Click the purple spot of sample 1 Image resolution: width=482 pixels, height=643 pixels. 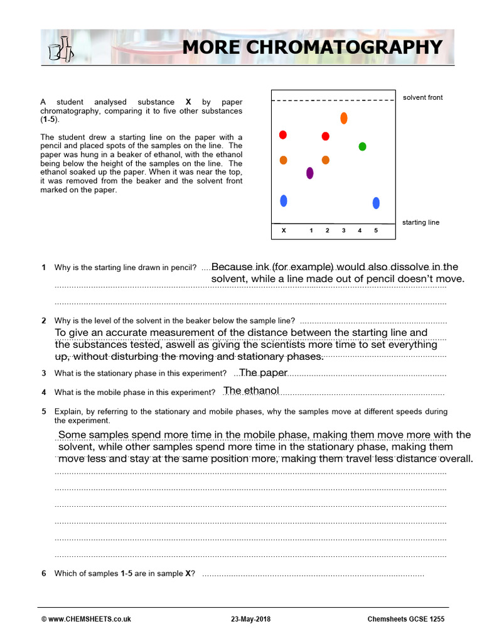(x=309, y=173)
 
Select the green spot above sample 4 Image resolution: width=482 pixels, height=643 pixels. (x=362, y=146)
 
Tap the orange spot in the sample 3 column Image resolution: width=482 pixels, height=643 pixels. (x=344, y=118)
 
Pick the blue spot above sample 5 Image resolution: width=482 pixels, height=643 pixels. (x=376, y=203)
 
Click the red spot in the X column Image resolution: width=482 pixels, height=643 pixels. (x=283, y=135)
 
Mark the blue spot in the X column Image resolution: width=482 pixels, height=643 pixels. (x=284, y=201)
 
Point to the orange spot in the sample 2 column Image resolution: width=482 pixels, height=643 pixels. (x=325, y=160)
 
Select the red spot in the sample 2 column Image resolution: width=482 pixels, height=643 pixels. (x=325, y=136)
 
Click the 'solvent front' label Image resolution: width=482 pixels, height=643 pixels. (x=422, y=97)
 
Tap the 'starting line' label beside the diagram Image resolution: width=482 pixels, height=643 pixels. (x=420, y=222)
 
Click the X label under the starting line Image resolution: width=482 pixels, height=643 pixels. (x=284, y=231)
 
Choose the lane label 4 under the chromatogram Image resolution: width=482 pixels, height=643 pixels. (x=360, y=231)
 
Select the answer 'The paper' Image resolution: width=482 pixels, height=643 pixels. (x=263, y=373)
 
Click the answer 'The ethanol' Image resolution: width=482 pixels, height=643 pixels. (x=251, y=391)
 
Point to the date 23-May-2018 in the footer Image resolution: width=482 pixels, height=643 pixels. (x=251, y=619)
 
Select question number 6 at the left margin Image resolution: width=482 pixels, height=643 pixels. (x=44, y=573)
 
